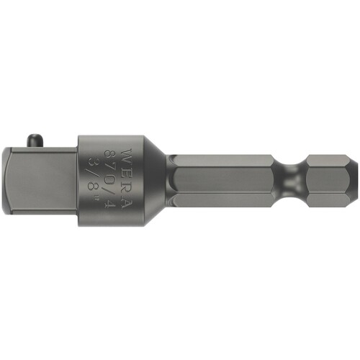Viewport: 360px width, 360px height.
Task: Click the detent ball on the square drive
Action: [x=35, y=140]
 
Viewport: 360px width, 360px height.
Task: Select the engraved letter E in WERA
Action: [x=127, y=172]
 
